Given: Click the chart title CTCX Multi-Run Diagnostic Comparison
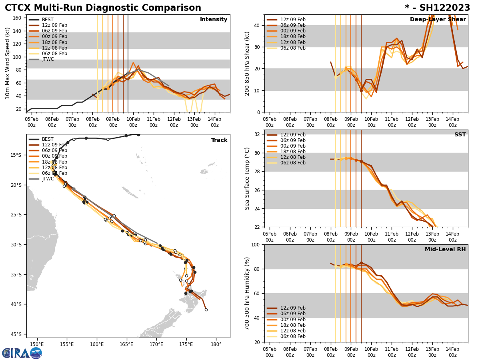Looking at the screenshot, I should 103,8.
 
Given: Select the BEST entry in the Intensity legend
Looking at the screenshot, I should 48,20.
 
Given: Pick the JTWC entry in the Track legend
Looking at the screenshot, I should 48,179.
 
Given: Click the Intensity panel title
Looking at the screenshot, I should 214,20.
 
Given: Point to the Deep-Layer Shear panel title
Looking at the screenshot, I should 438,20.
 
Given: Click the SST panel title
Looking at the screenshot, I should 460,135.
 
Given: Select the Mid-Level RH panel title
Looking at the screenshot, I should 445,250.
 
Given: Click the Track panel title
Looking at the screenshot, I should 219,140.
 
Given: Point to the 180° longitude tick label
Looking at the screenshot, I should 216,344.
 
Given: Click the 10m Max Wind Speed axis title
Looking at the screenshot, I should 8,63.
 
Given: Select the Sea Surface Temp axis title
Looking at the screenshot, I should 247,178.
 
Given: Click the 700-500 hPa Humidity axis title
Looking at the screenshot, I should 247,293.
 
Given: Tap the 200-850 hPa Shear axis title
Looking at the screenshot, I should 247,63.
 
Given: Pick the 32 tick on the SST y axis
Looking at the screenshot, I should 258,134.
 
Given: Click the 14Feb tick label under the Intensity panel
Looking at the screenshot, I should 214,122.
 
